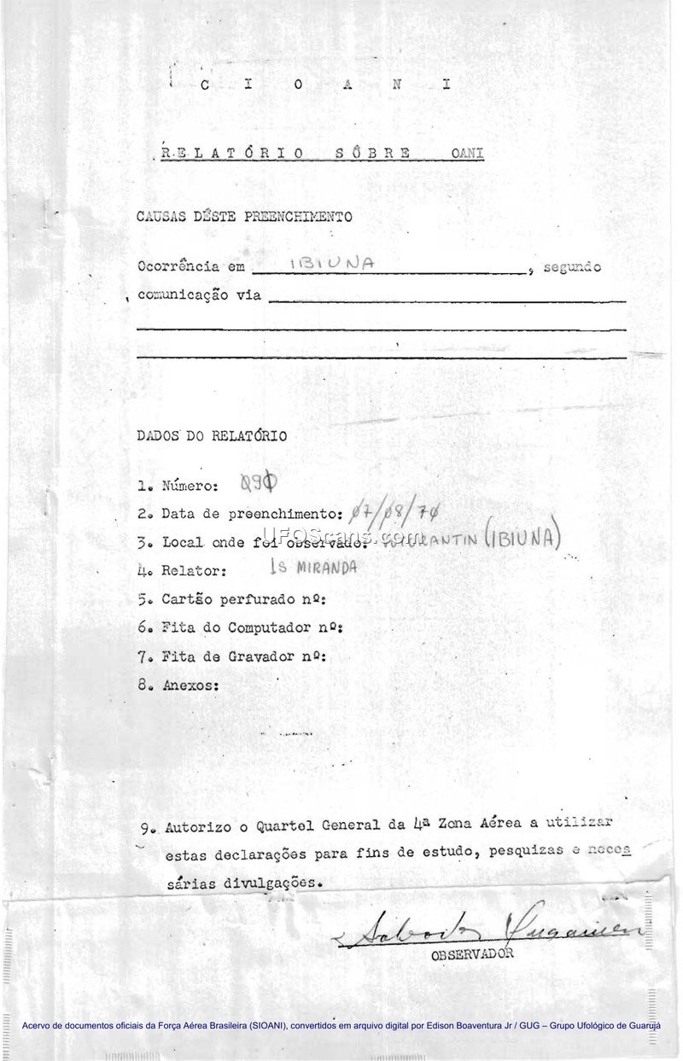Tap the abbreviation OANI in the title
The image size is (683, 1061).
click(468, 154)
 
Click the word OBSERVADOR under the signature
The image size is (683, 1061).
click(472, 954)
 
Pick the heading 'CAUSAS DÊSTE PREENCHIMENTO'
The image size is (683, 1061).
click(243, 217)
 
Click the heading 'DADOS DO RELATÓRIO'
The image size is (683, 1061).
click(212, 434)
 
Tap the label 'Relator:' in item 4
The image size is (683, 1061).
click(194, 569)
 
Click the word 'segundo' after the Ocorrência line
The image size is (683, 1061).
click(571, 267)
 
